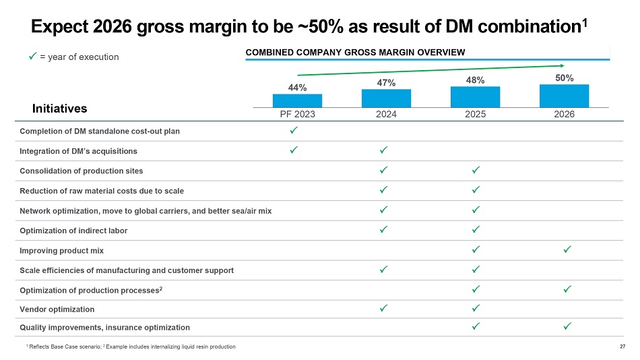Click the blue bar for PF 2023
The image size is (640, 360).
pyautogui.click(x=297, y=100)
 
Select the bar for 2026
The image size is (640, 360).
pyautogui.click(x=564, y=96)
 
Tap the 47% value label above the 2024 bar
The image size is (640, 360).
pyautogui.click(x=386, y=82)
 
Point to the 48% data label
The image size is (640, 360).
pyautogui.click(x=475, y=80)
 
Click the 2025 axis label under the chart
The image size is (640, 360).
pyautogui.click(x=475, y=115)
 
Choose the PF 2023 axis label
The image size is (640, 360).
pyautogui.click(x=297, y=115)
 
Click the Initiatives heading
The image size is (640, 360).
pyautogui.click(x=60, y=108)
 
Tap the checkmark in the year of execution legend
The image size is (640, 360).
pyautogui.click(x=32, y=57)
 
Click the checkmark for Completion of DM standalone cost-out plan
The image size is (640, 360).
pyautogui.click(x=294, y=130)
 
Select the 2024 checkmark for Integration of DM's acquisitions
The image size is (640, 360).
pyautogui.click(x=383, y=150)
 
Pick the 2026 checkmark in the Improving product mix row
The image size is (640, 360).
pyautogui.click(x=567, y=250)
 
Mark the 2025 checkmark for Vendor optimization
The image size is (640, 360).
pyautogui.click(x=476, y=309)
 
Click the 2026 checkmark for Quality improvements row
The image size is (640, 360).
pyautogui.click(x=567, y=327)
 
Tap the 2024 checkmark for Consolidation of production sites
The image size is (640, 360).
pyautogui.click(x=383, y=171)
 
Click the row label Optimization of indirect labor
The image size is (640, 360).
pyautogui.click(x=73, y=231)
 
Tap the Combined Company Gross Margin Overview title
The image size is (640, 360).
pyautogui.click(x=355, y=52)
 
